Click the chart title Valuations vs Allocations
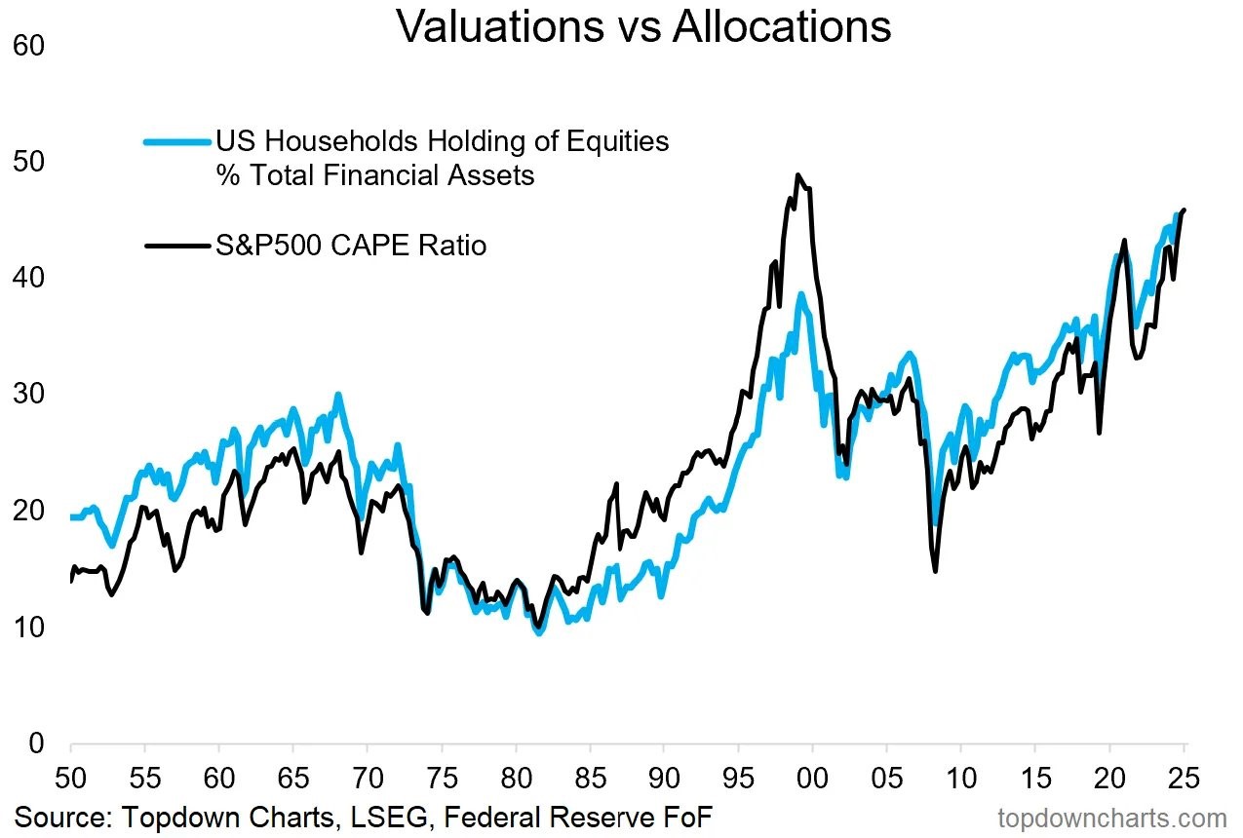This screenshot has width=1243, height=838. point(643,27)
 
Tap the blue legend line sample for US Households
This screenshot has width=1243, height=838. point(176,142)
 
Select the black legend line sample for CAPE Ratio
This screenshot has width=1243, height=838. point(176,246)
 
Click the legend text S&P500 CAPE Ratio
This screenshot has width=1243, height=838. point(351,245)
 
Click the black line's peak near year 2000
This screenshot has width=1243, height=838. point(797,175)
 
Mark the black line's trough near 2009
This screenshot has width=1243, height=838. point(936,571)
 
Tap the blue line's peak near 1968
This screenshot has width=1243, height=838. point(337,395)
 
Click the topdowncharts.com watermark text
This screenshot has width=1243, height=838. point(1111,819)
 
